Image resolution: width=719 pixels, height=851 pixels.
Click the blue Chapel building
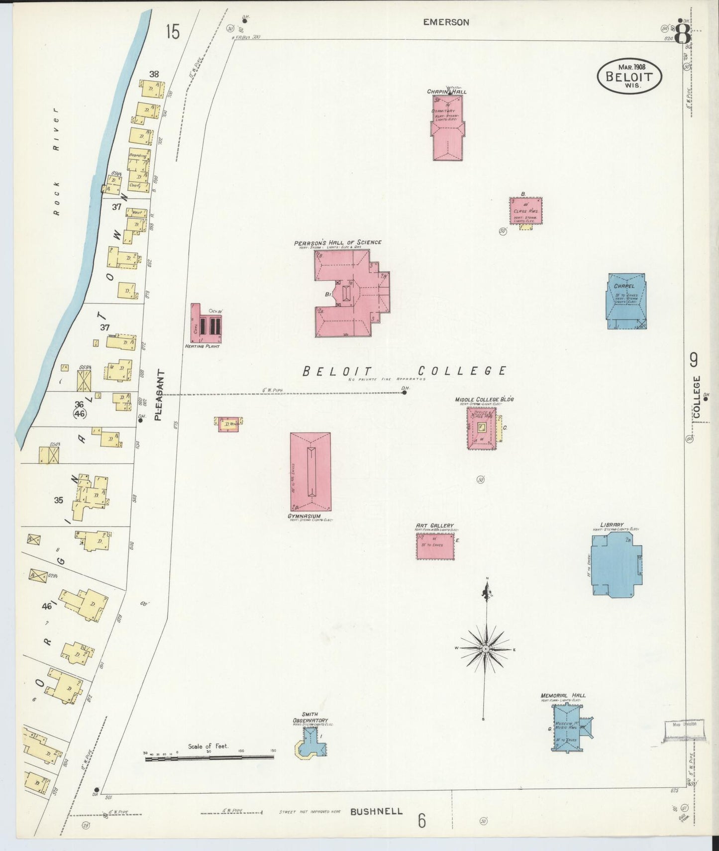pyautogui.click(x=626, y=301)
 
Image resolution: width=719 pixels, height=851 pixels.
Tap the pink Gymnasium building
pyautogui.click(x=310, y=471)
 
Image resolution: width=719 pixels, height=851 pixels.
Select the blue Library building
pyautogui.click(x=616, y=564)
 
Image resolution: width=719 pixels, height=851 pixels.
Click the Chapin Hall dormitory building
pyautogui.click(x=448, y=128)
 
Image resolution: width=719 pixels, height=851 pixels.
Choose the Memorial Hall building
pyautogui.click(x=570, y=728)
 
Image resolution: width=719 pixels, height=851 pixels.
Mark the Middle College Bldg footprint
pyautogui.click(x=481, y=428)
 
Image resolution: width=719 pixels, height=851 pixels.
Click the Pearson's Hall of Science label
pyautogui.click(x=337, y=243)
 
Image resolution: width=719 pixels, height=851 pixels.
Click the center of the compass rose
pyautogui.click(x=485, y=649)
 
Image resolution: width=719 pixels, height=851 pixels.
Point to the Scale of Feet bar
pyautogui.click(x=209, y=757)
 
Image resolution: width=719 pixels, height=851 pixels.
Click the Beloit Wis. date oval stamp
pyautogui.click(x=629, y=76)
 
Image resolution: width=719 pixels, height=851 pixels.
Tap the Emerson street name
pyautogui.click(x=446, y=22)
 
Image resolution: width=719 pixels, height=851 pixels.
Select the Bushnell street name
pyautogui.click(x=376, y=811)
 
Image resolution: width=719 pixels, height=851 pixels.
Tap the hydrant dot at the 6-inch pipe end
pyautogui.click(x=404, y=393)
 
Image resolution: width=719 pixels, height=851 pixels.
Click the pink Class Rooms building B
pyautogui.click(x=525, y=211)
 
